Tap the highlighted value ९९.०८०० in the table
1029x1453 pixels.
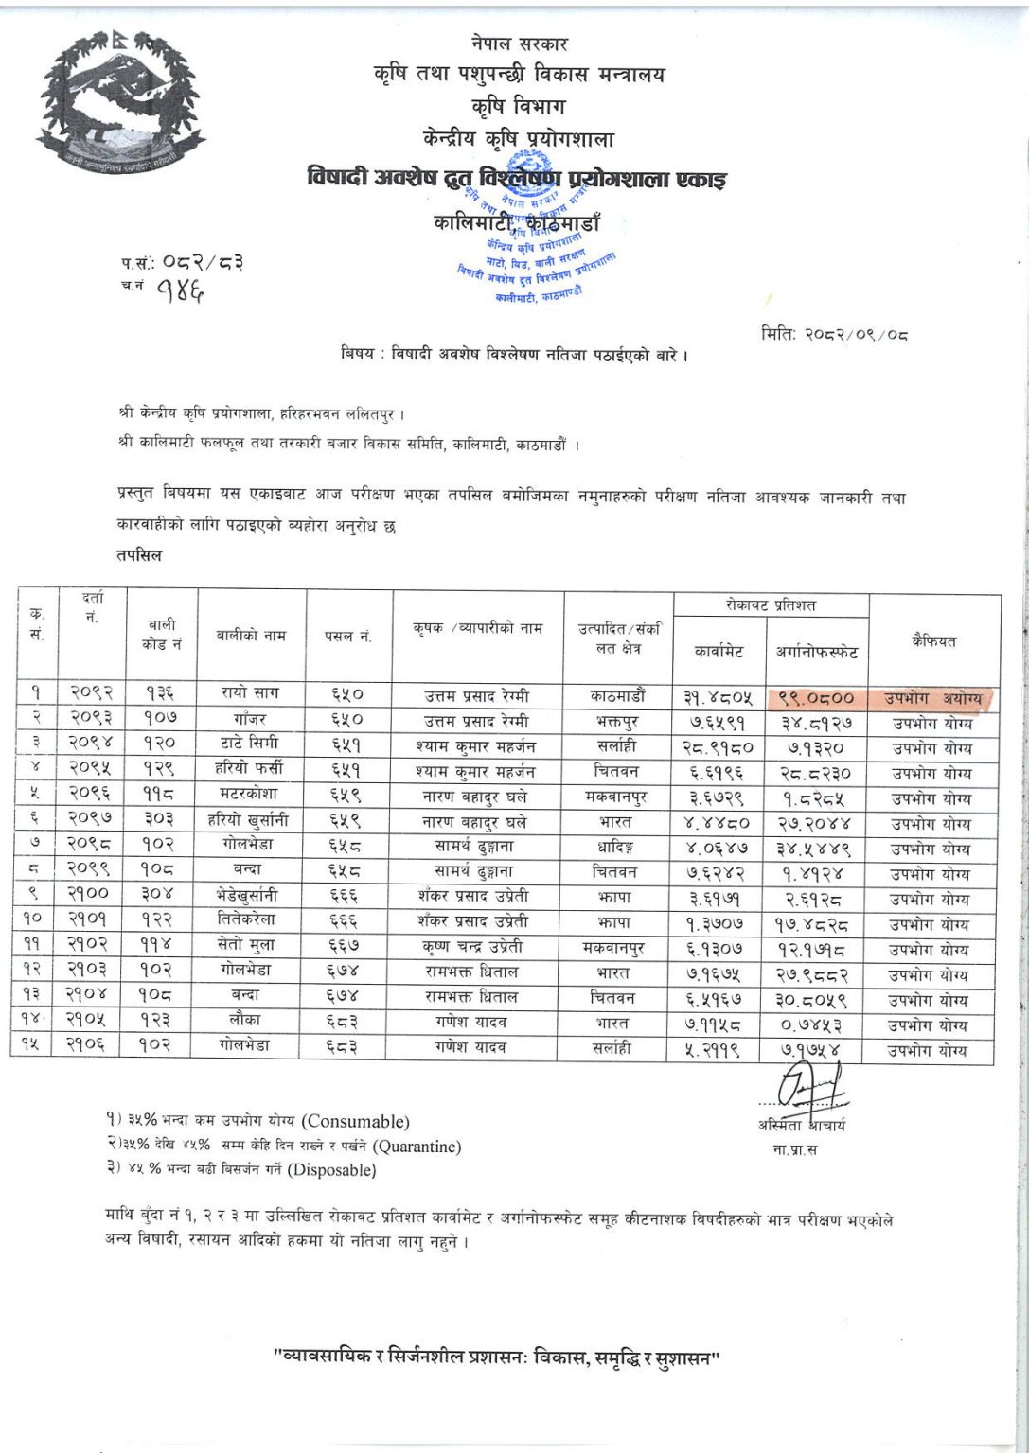[816, 698]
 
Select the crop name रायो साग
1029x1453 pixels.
[250, 693]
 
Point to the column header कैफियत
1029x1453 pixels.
[933, 640]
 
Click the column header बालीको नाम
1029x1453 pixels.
[250, 635]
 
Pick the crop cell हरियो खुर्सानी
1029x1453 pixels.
[250, 822]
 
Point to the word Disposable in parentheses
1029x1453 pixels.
[333, 1170]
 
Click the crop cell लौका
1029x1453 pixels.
[250, 1024]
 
